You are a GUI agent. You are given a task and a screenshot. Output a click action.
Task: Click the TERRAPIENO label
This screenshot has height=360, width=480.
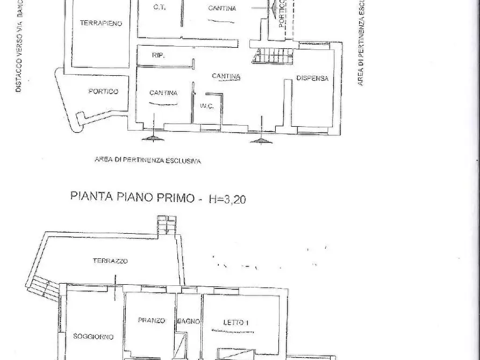(x=101, y=23)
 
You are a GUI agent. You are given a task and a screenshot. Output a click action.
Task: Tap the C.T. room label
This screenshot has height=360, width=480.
(x=159, y=8)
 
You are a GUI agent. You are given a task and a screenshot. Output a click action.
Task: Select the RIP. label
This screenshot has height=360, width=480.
(x=158, y=55)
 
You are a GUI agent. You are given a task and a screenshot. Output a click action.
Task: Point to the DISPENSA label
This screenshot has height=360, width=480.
(x=312, y=78)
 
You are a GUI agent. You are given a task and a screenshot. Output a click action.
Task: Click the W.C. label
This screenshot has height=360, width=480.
(x=207, y=106)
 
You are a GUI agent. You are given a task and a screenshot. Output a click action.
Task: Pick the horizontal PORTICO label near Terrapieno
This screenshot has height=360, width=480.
(x=103, y=91)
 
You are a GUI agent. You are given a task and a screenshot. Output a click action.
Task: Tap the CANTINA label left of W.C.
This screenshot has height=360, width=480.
(x=163, y=92)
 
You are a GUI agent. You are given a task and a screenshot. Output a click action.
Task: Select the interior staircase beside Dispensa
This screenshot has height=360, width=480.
(x=274, y=55)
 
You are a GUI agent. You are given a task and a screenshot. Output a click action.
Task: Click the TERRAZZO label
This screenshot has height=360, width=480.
(x=110, y=261)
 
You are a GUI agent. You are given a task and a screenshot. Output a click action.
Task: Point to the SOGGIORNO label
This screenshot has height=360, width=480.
(x=93, y=336)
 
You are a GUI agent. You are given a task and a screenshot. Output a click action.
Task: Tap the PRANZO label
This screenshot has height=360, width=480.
(x=151, y=320)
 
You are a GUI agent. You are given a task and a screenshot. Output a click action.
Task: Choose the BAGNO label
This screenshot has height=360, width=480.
(x=189, y=321)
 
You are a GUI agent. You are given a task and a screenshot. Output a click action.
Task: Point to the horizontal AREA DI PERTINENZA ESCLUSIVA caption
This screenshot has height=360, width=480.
(x=147, y=160)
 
